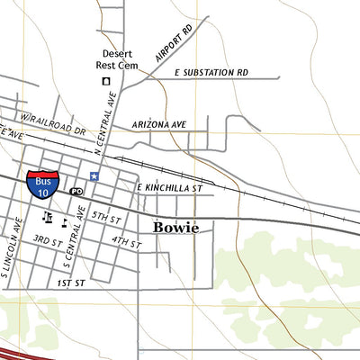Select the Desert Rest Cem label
click(118, 58)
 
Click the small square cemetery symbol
click(106, 81)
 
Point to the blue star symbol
click(94, 175)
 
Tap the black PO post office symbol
click(76, 192)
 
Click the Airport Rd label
click(174, 43)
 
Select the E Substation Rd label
click(211, 72)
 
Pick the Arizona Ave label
click(158, 123)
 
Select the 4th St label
click(126, 242)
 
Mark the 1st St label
click(70, 283)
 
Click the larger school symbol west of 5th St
click(49, 218)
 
